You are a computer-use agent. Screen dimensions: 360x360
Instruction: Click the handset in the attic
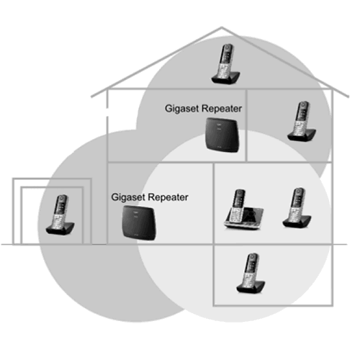[225, 64]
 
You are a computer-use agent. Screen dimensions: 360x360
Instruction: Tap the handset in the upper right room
[302, 122]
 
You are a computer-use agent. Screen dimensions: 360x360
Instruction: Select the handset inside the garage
[60, 215]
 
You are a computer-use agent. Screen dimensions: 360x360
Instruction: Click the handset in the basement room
[251, 273]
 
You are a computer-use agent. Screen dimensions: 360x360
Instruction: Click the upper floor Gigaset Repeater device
[222, 135]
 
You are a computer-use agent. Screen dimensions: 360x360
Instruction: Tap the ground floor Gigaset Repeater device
[139, 223]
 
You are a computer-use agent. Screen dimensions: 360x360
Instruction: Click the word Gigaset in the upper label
[182, 109]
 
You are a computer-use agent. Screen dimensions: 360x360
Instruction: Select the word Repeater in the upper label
[222, 109]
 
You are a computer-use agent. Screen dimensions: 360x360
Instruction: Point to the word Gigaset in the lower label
[128, 197]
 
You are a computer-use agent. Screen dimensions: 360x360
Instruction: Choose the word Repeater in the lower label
[168, 197]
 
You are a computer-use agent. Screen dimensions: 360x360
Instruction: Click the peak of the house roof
[221, 27]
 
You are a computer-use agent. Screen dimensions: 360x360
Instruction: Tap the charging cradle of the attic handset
[225, 78]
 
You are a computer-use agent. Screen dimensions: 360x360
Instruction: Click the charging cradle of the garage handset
[60, 229]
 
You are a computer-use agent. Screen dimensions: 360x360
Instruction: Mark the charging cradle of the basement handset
[251, 287]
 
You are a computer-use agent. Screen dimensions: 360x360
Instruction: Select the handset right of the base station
[297, 208]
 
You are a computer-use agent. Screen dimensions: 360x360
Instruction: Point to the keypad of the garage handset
[58, 219]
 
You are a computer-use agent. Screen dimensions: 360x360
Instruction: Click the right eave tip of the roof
[348, 96]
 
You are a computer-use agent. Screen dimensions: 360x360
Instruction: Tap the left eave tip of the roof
[91, 96]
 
